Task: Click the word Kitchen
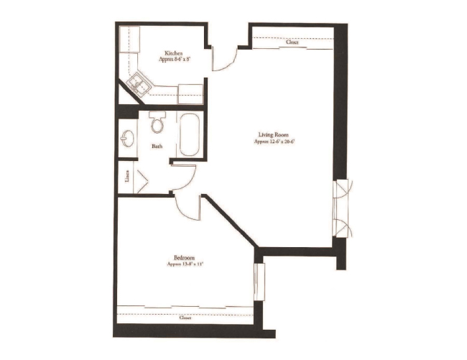coord(173,53)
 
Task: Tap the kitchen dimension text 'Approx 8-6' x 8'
coord(173,60)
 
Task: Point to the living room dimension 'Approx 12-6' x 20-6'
coord(274,142)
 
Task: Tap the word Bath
coord(156,147)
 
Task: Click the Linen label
coord(127,176)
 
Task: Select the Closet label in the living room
coord(292,42)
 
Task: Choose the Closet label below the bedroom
coord(185,316)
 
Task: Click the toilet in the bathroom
coord(158,124)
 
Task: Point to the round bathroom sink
coord(127,137)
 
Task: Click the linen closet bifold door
coord(141,177)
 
